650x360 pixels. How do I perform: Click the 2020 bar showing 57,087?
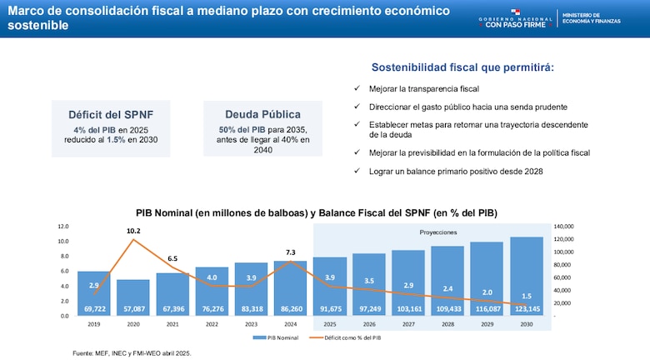(x=133, y=298)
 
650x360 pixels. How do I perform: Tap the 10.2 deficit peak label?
(x=133, y=231)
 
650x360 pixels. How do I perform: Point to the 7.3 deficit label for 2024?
(x=291, y=252)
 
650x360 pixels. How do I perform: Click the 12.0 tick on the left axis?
(x=63, y=226)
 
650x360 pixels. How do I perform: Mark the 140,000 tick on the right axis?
(x=563, y=226)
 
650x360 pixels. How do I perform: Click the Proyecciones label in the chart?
(x=437, y=232)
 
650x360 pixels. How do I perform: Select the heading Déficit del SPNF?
(x=111, y=114)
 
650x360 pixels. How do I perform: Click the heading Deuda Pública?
(x=262, y=114)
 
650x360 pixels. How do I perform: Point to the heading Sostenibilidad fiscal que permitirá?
(x=462, y=67)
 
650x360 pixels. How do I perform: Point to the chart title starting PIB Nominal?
(x=317, y=212)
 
